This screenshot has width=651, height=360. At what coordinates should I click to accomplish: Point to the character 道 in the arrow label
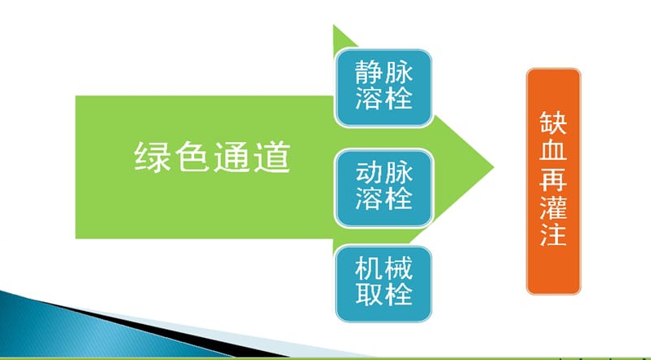click(x=272, y=157)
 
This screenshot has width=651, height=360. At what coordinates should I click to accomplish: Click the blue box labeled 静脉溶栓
click(x=383, y=87)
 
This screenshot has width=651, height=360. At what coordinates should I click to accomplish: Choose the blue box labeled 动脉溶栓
click(x=383, y=188)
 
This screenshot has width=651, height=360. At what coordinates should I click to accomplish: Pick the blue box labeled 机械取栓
click(x=383, y=284)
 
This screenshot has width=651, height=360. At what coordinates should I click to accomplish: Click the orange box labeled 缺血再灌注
click(x=553, y=181)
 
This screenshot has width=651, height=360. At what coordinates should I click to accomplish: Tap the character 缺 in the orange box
click(x=553, y=122)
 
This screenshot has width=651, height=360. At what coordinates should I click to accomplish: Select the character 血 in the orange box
click(x=553, y=149)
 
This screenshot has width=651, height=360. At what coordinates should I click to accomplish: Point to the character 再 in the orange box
click(x=553, y=178)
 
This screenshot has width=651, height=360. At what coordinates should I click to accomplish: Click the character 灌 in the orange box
click(x=553, y=206)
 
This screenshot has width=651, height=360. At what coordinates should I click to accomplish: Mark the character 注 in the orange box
click(x=553, y=233)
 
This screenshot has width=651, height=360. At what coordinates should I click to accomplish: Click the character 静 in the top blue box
click(x=369, y=73)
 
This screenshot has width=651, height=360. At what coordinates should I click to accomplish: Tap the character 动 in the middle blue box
click(x=369, y=173)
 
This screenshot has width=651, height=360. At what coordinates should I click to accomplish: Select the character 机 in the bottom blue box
click(x=369, y=269)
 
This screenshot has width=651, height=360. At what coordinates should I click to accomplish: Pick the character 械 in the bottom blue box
click(x=399, y=269)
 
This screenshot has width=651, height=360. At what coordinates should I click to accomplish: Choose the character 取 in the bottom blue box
click(x=369, y=295)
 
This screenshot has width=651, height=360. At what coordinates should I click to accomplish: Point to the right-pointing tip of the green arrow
click(x=494, y=167)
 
